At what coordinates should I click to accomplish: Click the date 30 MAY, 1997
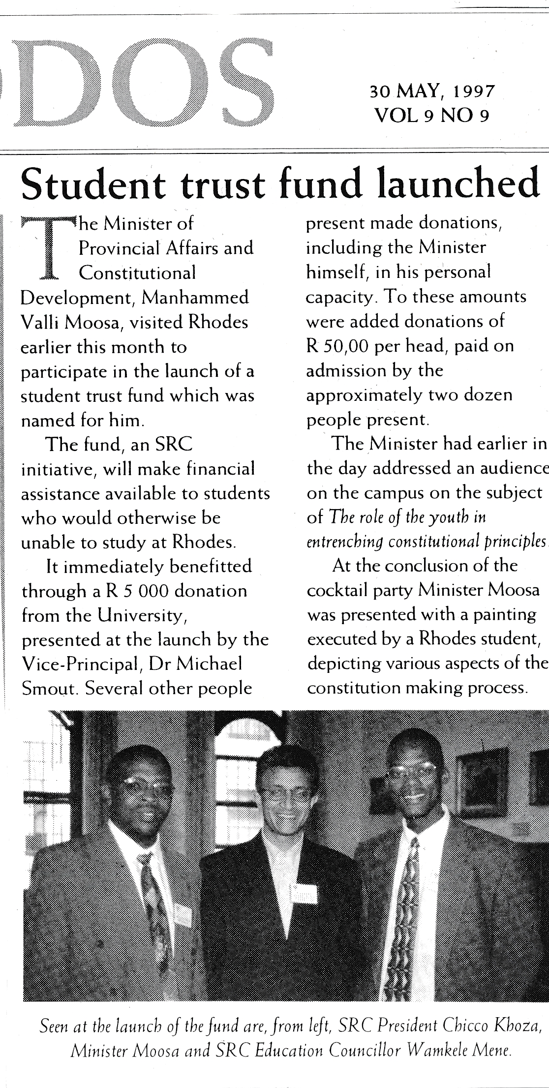tap(431, 91)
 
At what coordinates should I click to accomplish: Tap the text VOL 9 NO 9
tap(431, 116)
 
